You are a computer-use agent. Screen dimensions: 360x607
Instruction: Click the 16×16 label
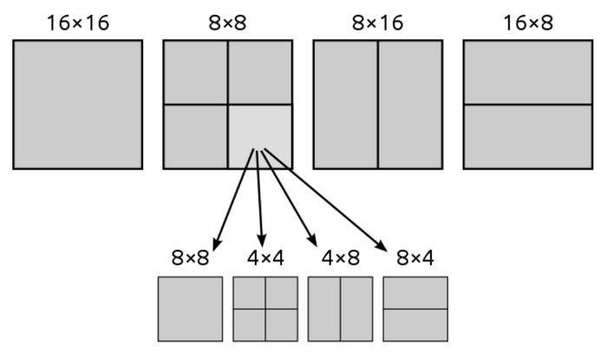pos(77,22)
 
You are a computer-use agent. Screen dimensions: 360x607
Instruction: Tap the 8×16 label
pos(377,22)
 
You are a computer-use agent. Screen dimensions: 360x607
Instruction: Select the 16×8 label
pos(527,22)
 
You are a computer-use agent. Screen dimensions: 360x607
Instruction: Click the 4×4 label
pos(264,258)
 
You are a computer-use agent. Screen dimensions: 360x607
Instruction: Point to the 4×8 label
pos(340,258)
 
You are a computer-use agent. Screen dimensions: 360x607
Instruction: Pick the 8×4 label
pos(414,258)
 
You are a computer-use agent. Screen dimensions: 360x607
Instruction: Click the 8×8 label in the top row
pos(227,22)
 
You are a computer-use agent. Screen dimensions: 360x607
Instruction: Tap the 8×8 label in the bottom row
pos(190,258)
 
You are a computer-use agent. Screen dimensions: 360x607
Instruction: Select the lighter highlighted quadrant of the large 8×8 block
pos(260,136)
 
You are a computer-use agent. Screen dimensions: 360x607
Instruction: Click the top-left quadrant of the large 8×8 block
pos(195,72)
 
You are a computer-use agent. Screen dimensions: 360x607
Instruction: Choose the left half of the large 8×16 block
pos(345,104)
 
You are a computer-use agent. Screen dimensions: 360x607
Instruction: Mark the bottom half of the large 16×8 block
pos(527,136)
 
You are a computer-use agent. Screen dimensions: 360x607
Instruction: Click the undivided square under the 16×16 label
pos(77,104)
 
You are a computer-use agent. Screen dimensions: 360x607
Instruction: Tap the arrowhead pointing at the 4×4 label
pos(262,240)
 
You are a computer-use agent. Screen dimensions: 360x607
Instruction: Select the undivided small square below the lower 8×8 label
pos(190,309)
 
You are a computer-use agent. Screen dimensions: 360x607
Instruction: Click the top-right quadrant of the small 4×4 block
pos(281,292)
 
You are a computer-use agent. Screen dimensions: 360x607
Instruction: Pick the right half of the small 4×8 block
pos(356,309)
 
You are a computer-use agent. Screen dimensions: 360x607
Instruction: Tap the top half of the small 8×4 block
pos(414,292)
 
